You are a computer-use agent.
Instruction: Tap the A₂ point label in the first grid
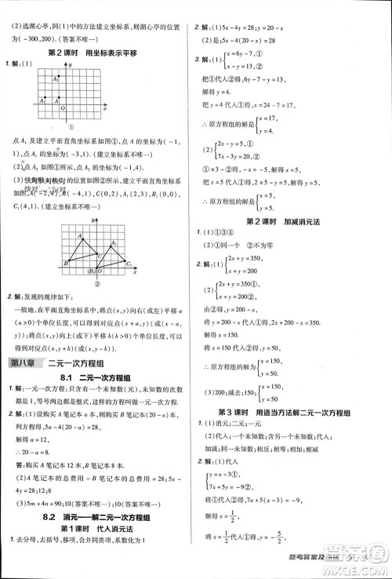point(56,79)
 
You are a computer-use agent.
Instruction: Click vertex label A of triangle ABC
point(78,235)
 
